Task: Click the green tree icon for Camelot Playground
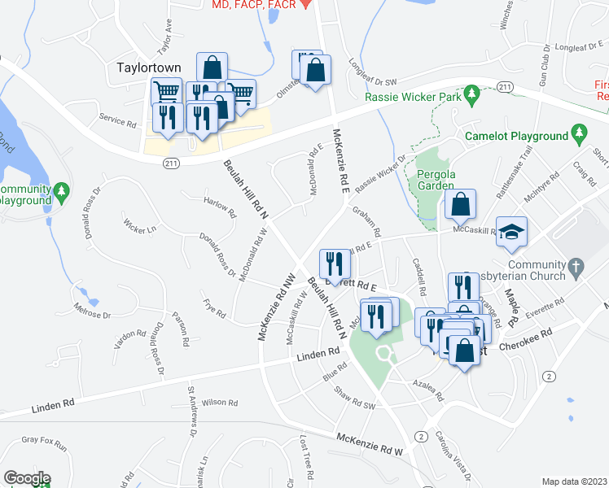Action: click(579, 133)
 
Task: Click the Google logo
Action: click(27, 478)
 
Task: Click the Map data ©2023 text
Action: click(574, 481)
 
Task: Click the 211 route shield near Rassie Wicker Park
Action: click(505, 86)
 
